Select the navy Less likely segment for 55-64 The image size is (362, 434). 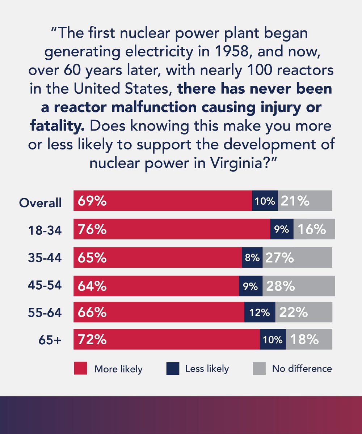tap(260, 312)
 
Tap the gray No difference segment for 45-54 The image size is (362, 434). tap(299, 286)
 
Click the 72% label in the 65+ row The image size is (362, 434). tap(91, 340)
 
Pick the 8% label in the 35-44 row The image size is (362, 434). tap(252, 258)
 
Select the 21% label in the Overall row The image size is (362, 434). tap(295, 201)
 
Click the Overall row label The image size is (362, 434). tap(40, 203)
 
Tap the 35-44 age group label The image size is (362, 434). tap(45, 258)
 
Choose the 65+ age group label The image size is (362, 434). tap(50, 340)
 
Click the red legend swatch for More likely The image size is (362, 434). tap(80, 369)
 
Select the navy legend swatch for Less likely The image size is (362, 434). tap(173, 369)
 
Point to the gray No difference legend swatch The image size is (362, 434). tap(259, 369)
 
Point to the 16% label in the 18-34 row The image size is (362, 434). tap(311, 229)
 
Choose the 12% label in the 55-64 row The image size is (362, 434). tap(260, 312)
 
